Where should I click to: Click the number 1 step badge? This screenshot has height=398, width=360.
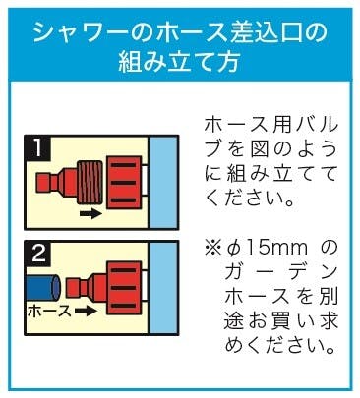[x=38, y=147]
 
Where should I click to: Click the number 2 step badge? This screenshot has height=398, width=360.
[x=38, y=254]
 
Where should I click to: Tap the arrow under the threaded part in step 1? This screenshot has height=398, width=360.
[x=90, y=214]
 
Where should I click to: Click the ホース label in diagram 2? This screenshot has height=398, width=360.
[x=49, y=311]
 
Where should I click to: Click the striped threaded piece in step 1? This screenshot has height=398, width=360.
[x=90, y=182]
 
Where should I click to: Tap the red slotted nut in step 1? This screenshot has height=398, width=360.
[x=125, y=183]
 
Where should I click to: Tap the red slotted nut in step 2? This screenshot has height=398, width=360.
[x=125, y=288]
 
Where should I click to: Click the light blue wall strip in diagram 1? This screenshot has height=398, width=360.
[x=163, y=183]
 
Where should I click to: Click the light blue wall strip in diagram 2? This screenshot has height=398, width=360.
[x=163, y=288]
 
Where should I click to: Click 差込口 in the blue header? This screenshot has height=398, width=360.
[x=257, y=32]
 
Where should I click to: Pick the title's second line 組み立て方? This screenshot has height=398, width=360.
[x=179, y=61]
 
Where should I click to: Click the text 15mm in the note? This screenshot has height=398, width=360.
[x=276, y=249]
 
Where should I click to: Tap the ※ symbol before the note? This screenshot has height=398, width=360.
[x=212, y=249]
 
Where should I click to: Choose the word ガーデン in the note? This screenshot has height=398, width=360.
[x=281, y=273]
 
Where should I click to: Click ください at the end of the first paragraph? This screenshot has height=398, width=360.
[x=248, y=199]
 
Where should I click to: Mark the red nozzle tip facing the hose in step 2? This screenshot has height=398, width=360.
[x=74, y=287]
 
